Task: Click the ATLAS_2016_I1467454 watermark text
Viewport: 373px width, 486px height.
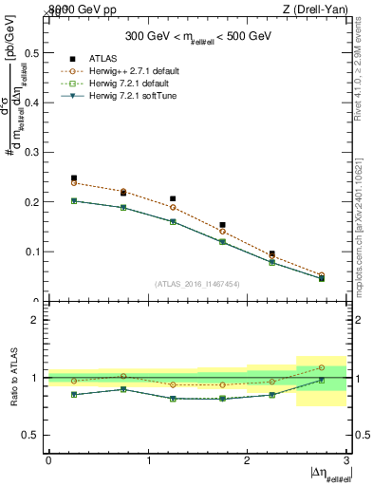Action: click(x=196, y=284)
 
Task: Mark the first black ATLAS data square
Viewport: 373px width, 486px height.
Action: click(x=74, y=178)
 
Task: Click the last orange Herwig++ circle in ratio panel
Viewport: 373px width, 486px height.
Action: click(x=321, y=367)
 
